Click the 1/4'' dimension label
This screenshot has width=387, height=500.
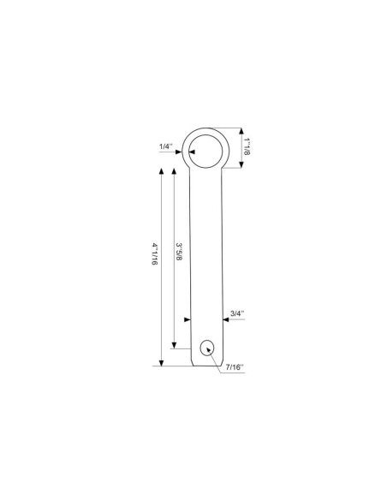click(x=166, y=146)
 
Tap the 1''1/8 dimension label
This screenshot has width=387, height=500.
click(x=247, y=146)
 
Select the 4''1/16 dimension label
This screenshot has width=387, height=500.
click(x=155, y=254)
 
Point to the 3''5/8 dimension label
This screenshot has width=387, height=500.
click(x=179, y=252)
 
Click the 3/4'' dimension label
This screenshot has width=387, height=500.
click(x=237, y=313)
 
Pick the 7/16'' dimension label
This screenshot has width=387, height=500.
click(x=235, y=367)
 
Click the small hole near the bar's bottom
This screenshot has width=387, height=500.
click(x=207, y=348)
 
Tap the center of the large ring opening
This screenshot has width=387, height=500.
click(x=205, y=152)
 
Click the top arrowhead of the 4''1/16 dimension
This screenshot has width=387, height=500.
click(x=161, y=170)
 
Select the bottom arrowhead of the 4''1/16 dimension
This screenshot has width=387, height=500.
click(x=161, y=363)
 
